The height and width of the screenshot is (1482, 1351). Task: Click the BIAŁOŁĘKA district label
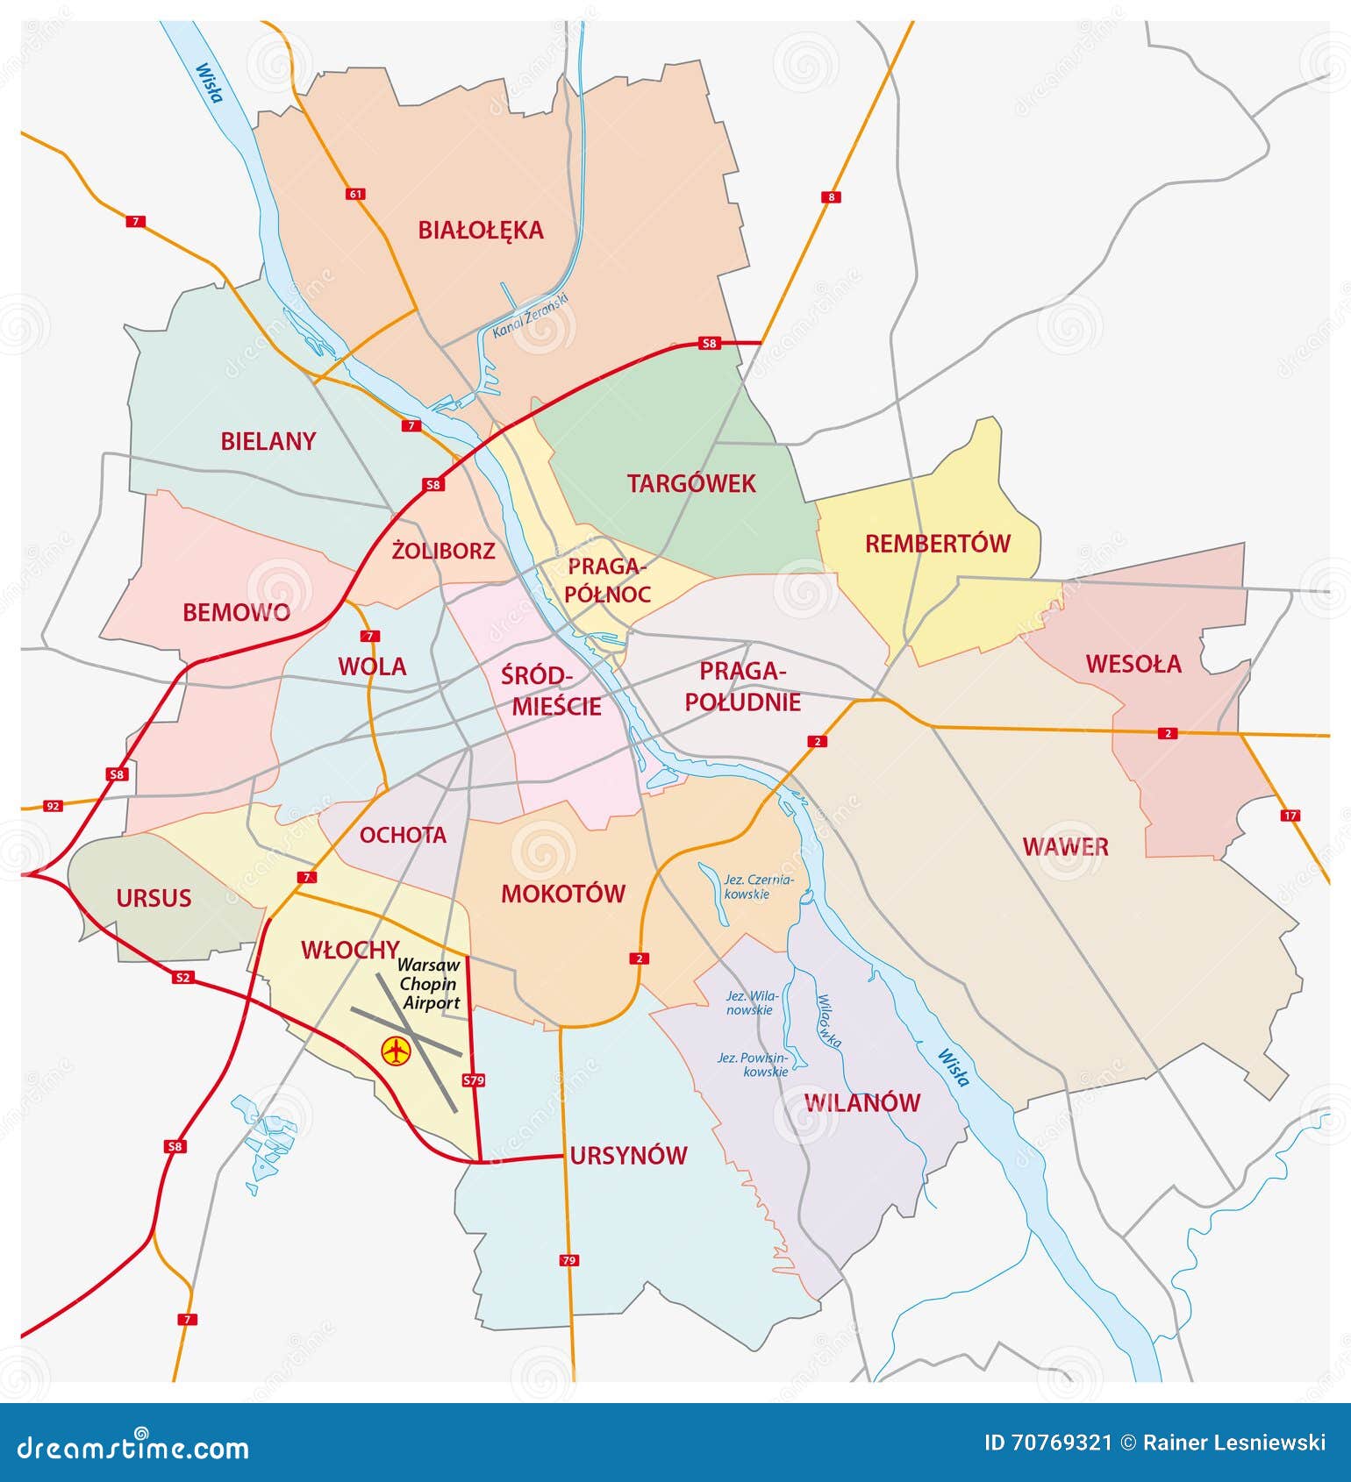(x=480, y=231)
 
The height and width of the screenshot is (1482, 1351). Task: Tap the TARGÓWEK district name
(x=690, y=483)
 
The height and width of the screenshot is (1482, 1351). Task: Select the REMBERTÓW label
(x=937, y=544)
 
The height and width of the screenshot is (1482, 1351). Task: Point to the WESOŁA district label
(x=1133, y=664)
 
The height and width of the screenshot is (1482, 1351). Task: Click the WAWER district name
(x=1065, y=847)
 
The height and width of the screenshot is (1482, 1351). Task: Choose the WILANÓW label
(x=862, y=1103)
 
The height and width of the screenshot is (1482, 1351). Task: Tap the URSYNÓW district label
(x=628, y=1156)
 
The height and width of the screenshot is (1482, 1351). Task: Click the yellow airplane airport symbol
(x=397, y=1050)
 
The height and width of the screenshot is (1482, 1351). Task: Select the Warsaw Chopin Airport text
(x=429, y=984)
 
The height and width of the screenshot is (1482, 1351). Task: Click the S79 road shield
(x=473, y=1080)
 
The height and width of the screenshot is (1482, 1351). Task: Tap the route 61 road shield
(x=355, y=194)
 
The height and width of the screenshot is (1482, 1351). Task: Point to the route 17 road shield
(x=1290, y=816)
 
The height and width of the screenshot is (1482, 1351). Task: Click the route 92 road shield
(x=54, y=805)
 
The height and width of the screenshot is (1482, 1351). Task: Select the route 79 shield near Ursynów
(x=569, y=1260)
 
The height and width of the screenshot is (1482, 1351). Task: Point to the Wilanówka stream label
(x=829, y=1021)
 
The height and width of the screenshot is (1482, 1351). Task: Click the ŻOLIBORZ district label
(x=443, y=552)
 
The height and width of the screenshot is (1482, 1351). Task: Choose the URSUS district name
(x=154, y=898)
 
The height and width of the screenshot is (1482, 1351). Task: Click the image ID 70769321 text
(x=1047, y=1443)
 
